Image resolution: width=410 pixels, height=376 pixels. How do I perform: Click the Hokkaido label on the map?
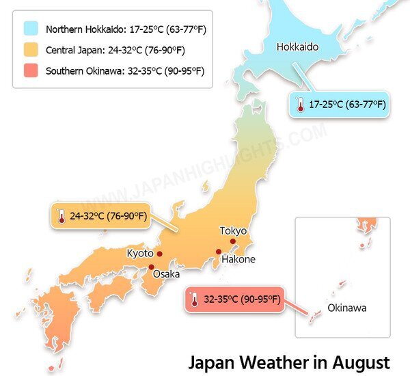(297, 46)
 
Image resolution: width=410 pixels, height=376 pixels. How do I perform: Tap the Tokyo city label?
(233, 230)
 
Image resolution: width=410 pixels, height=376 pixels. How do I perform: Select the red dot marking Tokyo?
(233, 241)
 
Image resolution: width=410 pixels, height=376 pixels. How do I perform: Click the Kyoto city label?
(140, 254)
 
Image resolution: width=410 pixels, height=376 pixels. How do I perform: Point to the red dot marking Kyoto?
(160, 254)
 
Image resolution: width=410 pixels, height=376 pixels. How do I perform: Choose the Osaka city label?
(166, 274)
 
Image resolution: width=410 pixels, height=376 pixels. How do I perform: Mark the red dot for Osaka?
(152, 267)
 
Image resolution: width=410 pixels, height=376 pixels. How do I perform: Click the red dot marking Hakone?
(219, 252)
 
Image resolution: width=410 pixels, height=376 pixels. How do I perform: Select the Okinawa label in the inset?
(346, 308)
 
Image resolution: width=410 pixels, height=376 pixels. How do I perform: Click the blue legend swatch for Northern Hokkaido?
(31, 29)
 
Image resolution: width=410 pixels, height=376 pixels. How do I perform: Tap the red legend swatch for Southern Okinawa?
(31, 70)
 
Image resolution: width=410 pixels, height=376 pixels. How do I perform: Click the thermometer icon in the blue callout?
(299, 105)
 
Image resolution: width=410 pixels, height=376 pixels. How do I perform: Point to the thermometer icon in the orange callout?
(61, 217)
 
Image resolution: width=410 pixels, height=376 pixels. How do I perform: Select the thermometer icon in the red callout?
(195, 299)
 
